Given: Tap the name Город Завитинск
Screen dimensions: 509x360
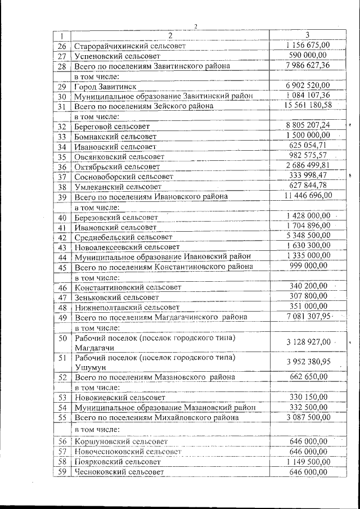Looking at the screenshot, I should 105,86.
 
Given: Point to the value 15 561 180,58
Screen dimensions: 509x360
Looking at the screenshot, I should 307,105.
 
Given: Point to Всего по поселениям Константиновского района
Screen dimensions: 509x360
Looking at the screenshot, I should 164,267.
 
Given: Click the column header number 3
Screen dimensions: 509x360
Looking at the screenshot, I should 307,35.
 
